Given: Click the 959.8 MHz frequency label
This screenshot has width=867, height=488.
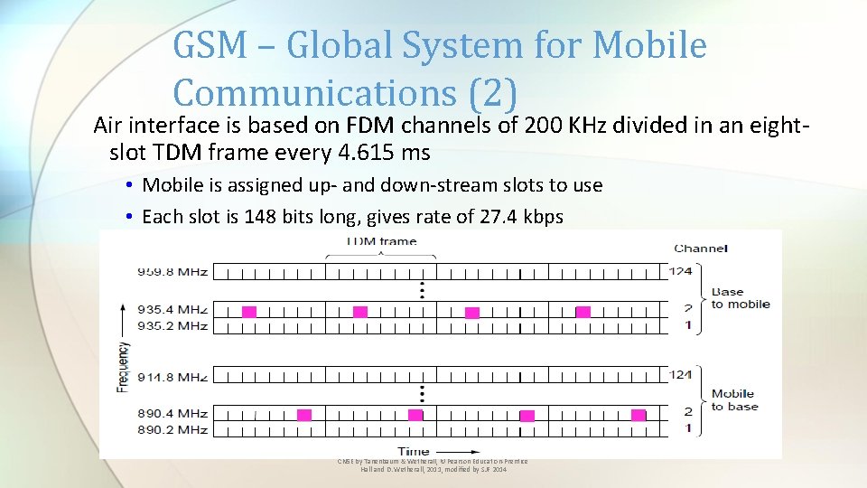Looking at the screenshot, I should click(172, 271).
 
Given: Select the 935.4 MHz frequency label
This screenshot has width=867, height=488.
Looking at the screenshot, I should click(172, 310).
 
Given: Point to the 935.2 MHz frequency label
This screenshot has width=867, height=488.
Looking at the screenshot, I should click(172, 325).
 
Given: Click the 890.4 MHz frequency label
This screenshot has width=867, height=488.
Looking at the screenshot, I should click(172, 413).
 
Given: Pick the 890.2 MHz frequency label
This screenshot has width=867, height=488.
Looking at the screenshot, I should click(172, 428).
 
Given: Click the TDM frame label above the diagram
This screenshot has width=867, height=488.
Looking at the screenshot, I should click(382, 241).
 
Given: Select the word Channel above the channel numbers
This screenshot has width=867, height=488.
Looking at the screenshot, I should click(700, 248).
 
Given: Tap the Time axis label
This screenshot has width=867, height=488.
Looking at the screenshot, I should click(414, 450).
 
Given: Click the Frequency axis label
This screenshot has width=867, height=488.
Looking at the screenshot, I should click(123, 366).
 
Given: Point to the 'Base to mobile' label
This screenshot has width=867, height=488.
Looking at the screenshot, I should click(741, 298).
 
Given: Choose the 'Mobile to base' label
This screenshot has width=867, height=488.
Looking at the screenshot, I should click(734, 399).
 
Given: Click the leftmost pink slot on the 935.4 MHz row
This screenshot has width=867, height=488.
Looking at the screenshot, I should click(248, 312).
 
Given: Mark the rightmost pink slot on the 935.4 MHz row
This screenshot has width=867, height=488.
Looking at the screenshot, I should click(583, 312).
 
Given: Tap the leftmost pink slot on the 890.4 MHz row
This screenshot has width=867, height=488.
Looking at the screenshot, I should click(304, 415).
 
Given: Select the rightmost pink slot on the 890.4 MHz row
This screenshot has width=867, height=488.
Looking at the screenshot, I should click(639, 415).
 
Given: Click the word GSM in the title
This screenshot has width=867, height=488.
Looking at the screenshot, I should click(207, 45).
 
